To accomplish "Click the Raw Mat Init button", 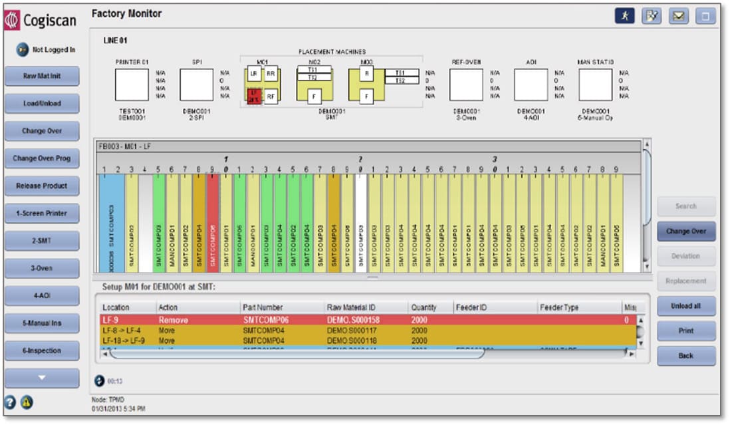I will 42,76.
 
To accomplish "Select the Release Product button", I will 42,186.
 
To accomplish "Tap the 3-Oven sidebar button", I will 42,268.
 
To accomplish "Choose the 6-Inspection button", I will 42,351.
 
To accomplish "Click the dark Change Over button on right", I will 686,231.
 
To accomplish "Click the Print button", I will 686,331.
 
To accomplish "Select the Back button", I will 686,356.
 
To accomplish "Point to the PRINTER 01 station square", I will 132,85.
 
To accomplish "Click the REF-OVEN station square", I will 466,85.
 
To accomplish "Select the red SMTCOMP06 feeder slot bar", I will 213,223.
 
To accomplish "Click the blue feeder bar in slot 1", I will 111,223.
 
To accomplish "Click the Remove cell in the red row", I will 173,320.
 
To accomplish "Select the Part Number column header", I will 263,307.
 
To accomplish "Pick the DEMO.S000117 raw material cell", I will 348,331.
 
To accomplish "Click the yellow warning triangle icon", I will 26,402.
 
